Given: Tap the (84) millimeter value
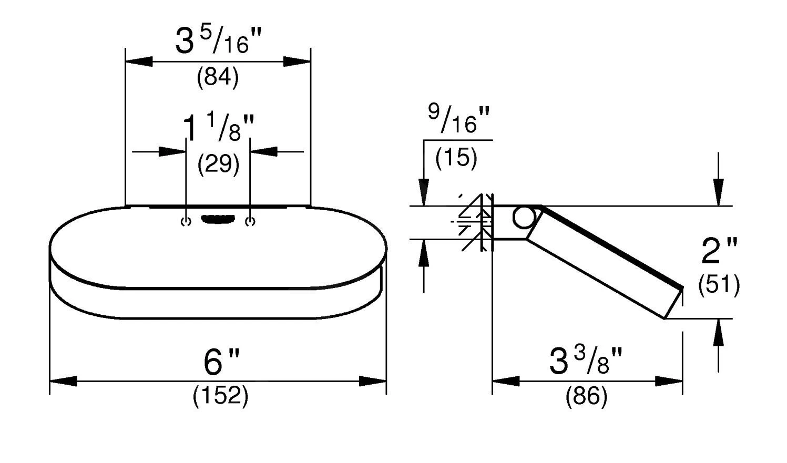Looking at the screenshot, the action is point(218,77).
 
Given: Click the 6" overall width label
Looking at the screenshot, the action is point(221,362).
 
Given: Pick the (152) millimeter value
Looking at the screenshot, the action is point(221,396).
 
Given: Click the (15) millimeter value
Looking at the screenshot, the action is point(456,157).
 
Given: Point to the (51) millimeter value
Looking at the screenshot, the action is point(719,284).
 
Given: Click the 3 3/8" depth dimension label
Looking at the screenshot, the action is point(586,361).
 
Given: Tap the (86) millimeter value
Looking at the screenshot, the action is point(586,396).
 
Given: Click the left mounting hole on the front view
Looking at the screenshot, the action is point(186,222).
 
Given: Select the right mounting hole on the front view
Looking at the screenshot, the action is point(250,222).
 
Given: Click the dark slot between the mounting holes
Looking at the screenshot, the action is point(218,219).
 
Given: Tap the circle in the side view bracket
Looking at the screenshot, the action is point(524,218).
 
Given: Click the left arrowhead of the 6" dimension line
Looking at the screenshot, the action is point(64,381).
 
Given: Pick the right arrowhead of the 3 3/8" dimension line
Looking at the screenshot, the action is point(669,381).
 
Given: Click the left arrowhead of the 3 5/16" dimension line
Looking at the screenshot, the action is point(139,61).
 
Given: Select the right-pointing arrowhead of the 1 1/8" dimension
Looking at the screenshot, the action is point(172,152).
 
